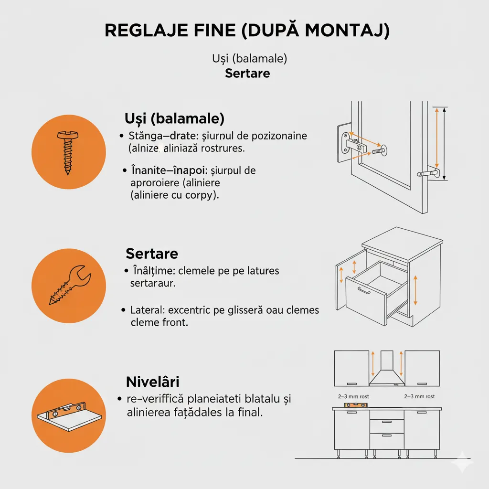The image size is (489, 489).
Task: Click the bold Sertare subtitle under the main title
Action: pyautogui.click(x=247, y=73)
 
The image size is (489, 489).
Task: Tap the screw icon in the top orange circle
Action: pyautogui.click(x=68, y=152)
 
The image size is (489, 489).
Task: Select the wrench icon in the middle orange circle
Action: pyautogui.click(x=70, y=285)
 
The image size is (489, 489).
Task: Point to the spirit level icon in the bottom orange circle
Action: pyautogui.click(x=70, y=416)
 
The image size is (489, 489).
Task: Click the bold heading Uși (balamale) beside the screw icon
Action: pyautogui.click(x=174, y=118)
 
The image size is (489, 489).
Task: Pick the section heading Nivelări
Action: pyautogui.click(x=152, y=382)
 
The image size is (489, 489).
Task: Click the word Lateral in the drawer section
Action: pyautogui.click(x=147, y=310)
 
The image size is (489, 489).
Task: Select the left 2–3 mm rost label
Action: pyautogui.click(x=353, y=396)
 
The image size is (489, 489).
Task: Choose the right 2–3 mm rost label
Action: pyautogui.click(x=419, y=396)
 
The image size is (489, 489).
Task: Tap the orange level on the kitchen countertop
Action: pyautogui.click(x=356, y=405)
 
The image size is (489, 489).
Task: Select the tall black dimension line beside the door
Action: pyautogui.click(x=445, y=143)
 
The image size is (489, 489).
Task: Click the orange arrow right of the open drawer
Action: pyautogui.click(x=415, y=290)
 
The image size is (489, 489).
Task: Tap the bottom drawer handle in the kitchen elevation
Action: pyautogui.click(x=387, y=436)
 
